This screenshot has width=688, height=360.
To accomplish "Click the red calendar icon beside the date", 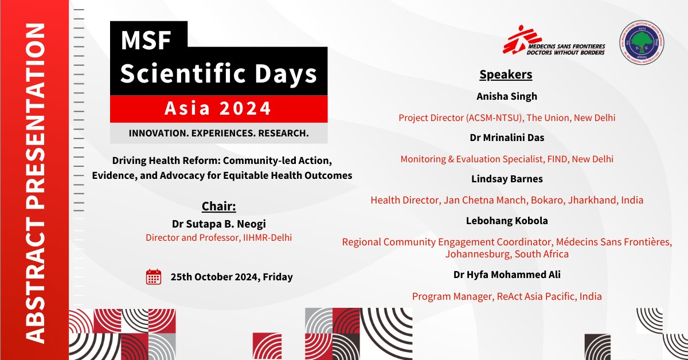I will tap(153, 277).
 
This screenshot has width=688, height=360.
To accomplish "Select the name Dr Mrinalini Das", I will tap(507, 138).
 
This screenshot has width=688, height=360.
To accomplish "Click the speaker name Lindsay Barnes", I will tap(507, 179).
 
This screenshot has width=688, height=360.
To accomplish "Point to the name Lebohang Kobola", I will tap(507, 221).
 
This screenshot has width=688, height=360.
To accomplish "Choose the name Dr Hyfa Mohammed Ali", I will tap(507, 275).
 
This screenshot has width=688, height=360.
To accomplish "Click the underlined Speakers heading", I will tap(506, 75).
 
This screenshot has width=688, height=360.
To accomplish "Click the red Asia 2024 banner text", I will tap(218, 108).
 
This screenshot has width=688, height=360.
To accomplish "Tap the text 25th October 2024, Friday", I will tap(232, 277).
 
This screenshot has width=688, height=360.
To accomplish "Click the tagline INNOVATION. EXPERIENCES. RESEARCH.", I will tap(218, 133).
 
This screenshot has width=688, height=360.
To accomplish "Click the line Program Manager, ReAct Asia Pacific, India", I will tap(507, 296).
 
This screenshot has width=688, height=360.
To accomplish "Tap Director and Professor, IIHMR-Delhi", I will tap(218, 237).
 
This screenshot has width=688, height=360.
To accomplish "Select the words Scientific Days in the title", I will tap(218, 74).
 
